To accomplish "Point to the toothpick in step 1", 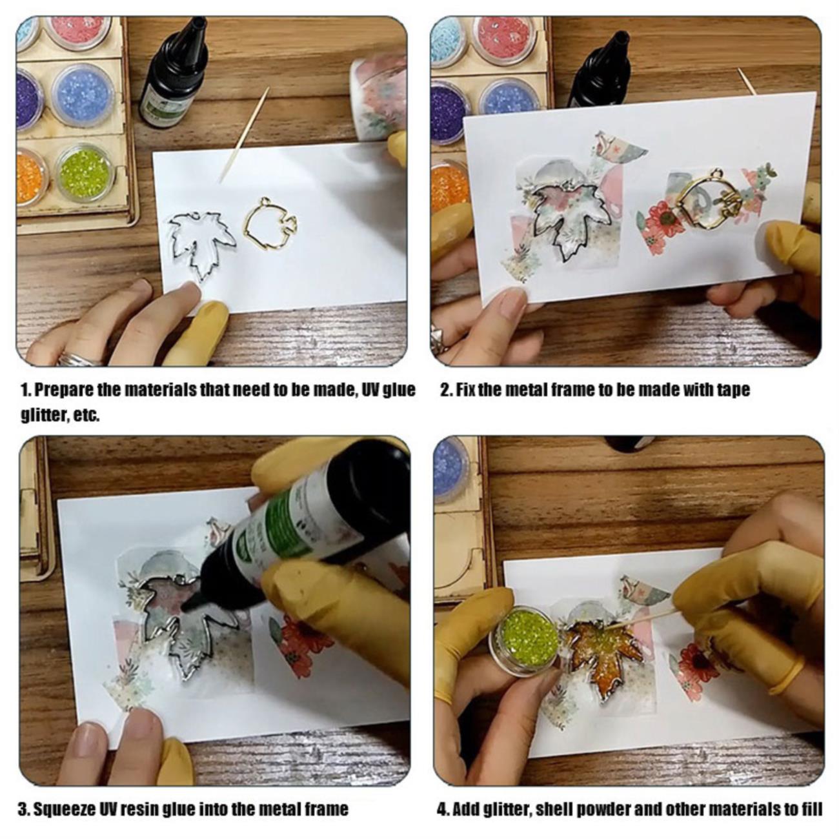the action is click(x=244, y=134).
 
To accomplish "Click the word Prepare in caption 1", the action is click(x=63, y=390).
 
